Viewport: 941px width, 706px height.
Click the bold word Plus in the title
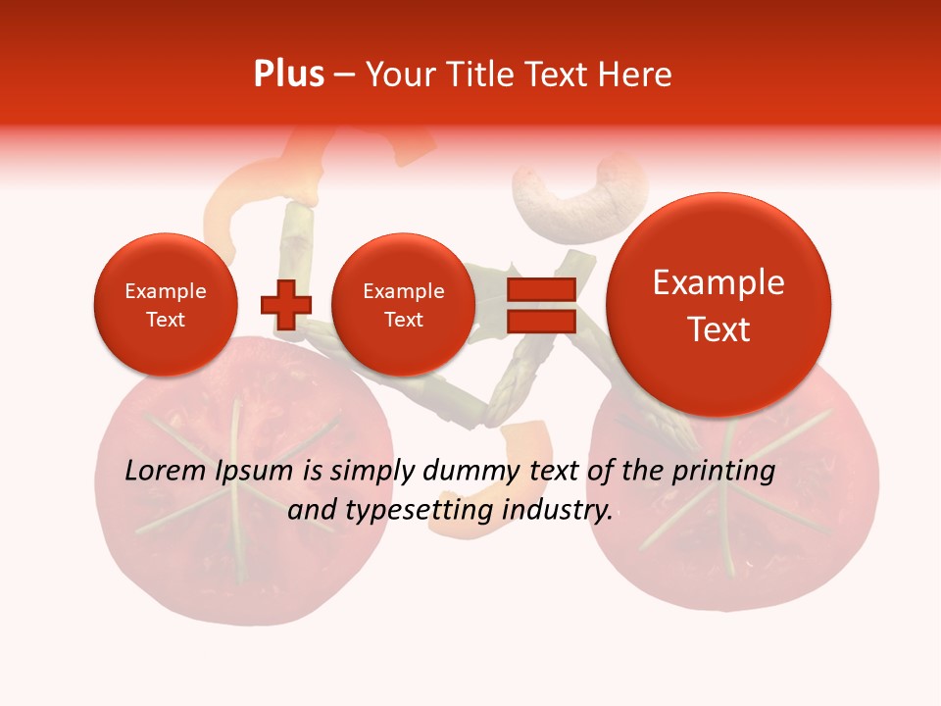(288, 75)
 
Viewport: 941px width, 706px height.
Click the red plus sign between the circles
(285, 305)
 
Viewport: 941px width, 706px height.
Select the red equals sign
(540, 305)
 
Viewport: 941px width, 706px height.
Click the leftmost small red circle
(165, 305)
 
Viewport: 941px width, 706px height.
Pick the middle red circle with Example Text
(403, 305)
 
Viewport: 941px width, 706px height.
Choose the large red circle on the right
(718, 305)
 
